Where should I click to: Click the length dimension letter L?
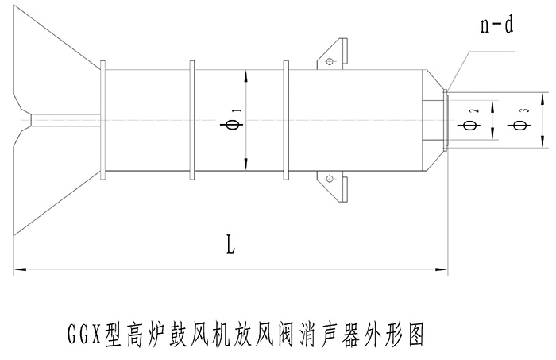(230, 245)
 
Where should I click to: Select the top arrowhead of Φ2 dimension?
(493, 103)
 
